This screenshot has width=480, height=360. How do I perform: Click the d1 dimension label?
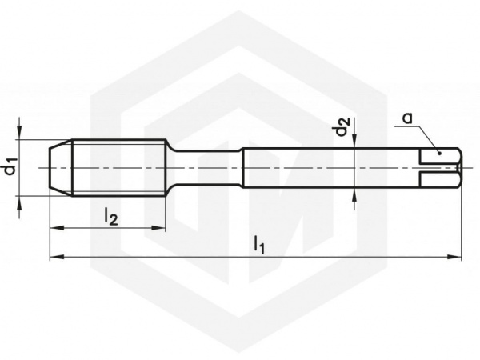click(11, 167)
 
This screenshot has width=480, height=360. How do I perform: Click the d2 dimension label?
click(342, 126)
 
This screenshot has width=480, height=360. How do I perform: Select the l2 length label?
click(111, 217)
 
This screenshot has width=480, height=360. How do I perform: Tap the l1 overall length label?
click(258, 245)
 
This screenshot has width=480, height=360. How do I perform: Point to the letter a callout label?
click(407, 118)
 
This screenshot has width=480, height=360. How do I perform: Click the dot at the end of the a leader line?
click(439, 153)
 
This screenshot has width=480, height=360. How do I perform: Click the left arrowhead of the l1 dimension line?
click(57, 257)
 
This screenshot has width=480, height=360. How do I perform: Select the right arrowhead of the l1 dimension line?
click(454, 257)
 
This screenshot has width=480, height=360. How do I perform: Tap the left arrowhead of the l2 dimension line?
click(57, 228)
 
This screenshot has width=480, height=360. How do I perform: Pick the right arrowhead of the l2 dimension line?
click(158, 228)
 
